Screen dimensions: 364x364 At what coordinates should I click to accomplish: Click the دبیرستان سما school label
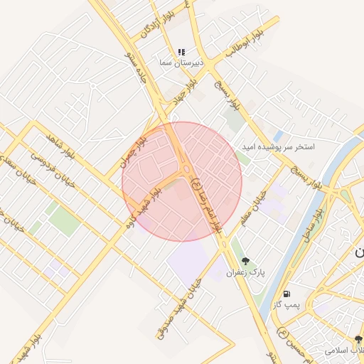(x=181, y=63)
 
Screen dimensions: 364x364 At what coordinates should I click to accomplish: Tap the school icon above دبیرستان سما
(x=181, y=52)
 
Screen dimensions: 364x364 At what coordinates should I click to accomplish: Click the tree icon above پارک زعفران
(x=245, y=261)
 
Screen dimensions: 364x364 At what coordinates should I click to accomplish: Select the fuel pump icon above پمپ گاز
(x=287, y=293)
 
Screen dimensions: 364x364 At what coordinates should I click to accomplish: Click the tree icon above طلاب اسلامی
(x=358, y=339)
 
